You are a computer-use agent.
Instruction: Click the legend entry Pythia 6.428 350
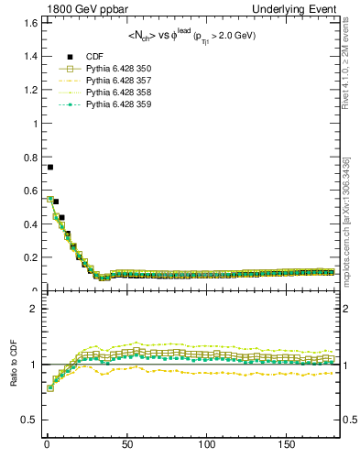tap(118, 69)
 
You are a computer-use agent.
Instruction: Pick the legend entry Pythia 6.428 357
tap(118, 81)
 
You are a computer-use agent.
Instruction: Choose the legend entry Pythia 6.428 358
tap(118, 93)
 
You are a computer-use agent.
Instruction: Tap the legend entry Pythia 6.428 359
tap(118, 104)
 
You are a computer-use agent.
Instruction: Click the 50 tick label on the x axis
tap(126, 444)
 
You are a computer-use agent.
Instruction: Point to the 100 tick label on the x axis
tap(207, 444)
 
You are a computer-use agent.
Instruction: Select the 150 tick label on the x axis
tap(288, 444)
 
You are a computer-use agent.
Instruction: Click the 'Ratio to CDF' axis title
tap(13, 376)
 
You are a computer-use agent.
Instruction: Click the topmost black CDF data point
tap(50, 167)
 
